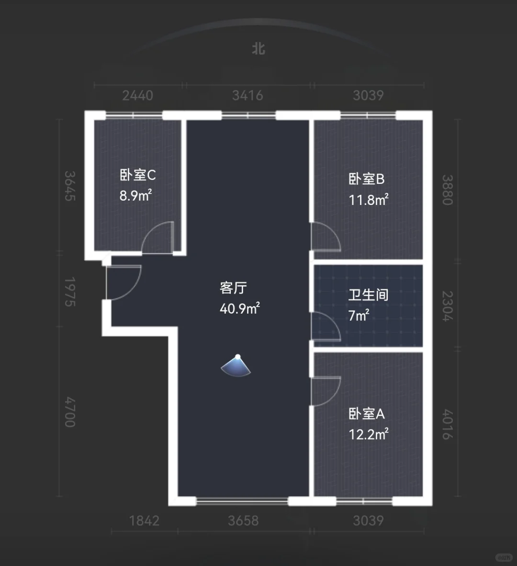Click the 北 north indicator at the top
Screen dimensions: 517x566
[x=258, y=49]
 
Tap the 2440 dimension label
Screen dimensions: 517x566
[x=137, y=96]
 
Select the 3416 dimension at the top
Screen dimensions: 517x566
[x=247, y=96]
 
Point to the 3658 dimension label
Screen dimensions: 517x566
[x=243, y=521]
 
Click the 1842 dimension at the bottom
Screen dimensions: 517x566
[x=144, y=521]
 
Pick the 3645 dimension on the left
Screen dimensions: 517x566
[x=70, y=185]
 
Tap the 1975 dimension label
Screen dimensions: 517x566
[x=70, y=292]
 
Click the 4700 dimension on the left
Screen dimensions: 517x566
[x=70, y=412]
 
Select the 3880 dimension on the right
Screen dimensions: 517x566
[x=448, y=190]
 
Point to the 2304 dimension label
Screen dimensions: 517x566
[x=448, y=306]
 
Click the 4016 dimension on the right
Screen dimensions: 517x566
[x=448, y=424]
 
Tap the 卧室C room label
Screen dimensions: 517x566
[x=137, y=175]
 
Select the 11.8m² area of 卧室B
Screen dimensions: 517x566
[x=368, y=199]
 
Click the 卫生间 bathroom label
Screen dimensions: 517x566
[x=368, y=295]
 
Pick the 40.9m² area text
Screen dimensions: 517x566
[x=239, y=308]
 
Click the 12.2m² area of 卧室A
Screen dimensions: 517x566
[x=368, y=434]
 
